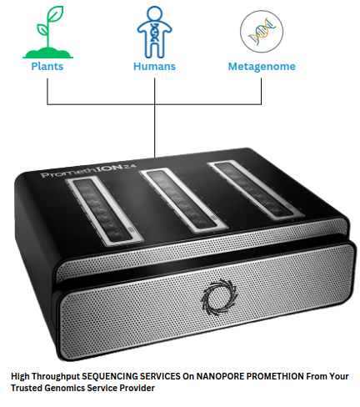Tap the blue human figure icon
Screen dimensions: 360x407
click(x=154, y=32)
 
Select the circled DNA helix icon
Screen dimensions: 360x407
click(x=262, y=32)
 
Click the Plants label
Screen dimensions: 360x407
click(x=47, y=67)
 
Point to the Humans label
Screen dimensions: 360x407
click(x=154, y=67)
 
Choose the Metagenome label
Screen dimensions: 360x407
click(x=262, y=67)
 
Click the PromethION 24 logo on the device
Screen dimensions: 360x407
click(x=88, y=171)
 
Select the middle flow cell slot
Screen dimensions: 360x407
click(x=183, y=200)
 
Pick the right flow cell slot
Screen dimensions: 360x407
click(x=255, y=189)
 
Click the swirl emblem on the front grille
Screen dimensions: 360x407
click(x=219, y=298)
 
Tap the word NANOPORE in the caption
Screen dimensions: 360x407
click(x=221, y=376)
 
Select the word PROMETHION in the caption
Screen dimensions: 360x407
click(x=275, y=376)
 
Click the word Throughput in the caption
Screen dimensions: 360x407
click(x=56, y=377)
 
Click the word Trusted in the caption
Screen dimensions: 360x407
click(x=27, y=388)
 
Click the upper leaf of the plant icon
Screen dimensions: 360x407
click(x=56, y=13)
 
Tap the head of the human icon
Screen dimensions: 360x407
click(x=154, y=13)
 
